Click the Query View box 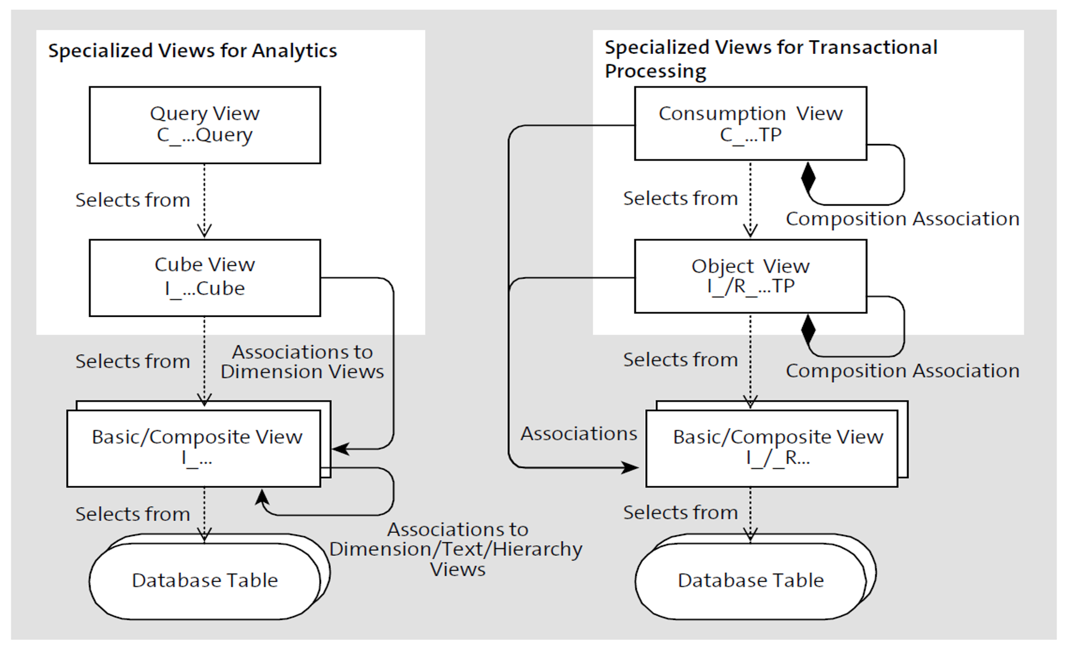point(204,125)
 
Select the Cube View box point(204,278)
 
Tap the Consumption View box point(750,123)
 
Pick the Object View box point(750,276)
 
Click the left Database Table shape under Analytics point(204,580)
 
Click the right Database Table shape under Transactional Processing point(750,580)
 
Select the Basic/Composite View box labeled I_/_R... point(777,447)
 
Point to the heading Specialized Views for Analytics point(192,51)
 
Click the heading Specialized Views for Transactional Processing point(770,59)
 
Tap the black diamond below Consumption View point(808,177)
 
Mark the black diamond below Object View point(808,329)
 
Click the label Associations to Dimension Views point(302,361)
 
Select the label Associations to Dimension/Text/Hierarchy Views point(456,549)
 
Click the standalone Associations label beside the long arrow point(579,433)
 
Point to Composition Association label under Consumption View point(902,219)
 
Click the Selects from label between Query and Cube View point(133,200)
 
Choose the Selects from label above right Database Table point(680,513)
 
